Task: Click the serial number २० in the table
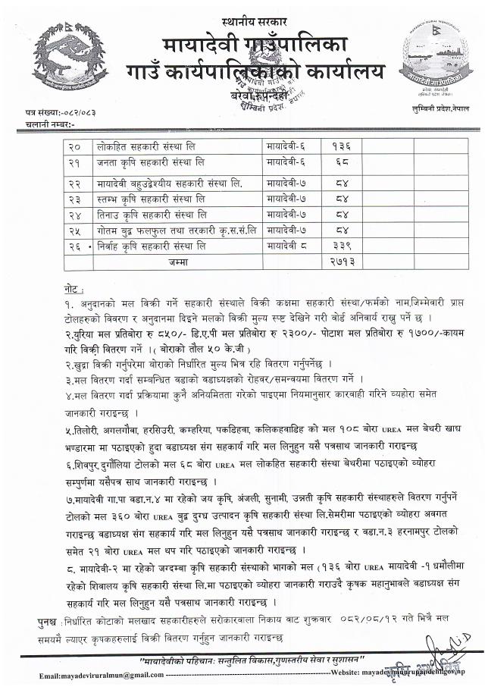pyautogui.click(x=74, y=144)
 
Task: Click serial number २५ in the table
pyautogui.click(x=74, y=229)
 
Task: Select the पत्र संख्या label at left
pyautogui.click(x=45, y=111)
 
